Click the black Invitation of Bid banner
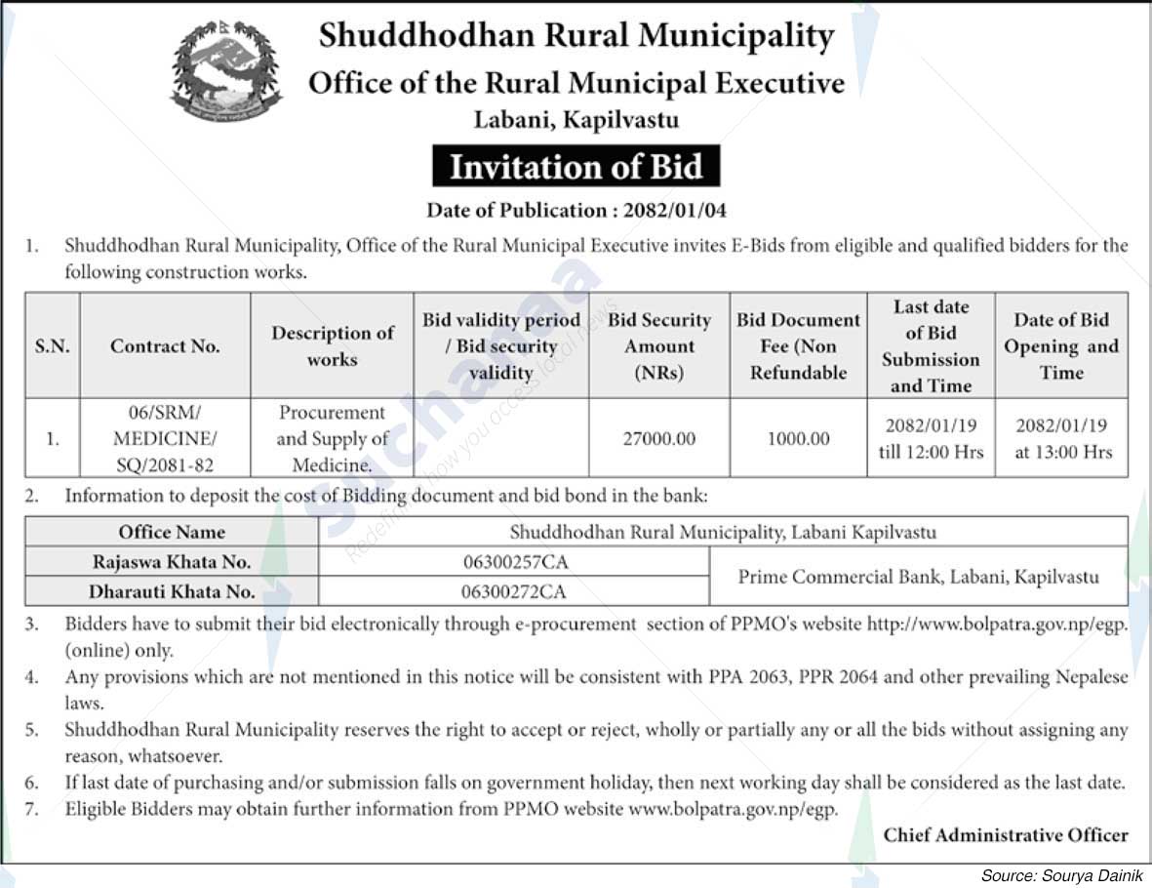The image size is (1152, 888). click(576, 167)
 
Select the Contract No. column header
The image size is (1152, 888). click(165, 345)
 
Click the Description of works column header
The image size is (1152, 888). click(332, 345)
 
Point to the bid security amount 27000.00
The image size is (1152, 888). click(659, 439)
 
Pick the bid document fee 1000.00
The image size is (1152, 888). click(798, 439)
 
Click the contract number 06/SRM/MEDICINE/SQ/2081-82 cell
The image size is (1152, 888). click(165, 439)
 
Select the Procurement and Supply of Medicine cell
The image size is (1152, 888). click(332, 439)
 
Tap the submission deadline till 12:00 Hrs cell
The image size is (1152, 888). click(931, 439)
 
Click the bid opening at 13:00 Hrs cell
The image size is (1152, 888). click(1062, 439)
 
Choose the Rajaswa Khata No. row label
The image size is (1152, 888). click(172, 562)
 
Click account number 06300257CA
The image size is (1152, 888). click(514, 562)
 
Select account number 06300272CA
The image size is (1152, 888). click(514, 591)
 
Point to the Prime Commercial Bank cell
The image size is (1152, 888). click(917, 577)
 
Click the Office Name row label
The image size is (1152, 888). click(172, 532)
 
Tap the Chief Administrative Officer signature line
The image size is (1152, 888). click(1005, 835)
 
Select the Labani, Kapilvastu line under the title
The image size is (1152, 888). click(576, 120)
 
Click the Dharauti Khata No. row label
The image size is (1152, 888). click(172, 591)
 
